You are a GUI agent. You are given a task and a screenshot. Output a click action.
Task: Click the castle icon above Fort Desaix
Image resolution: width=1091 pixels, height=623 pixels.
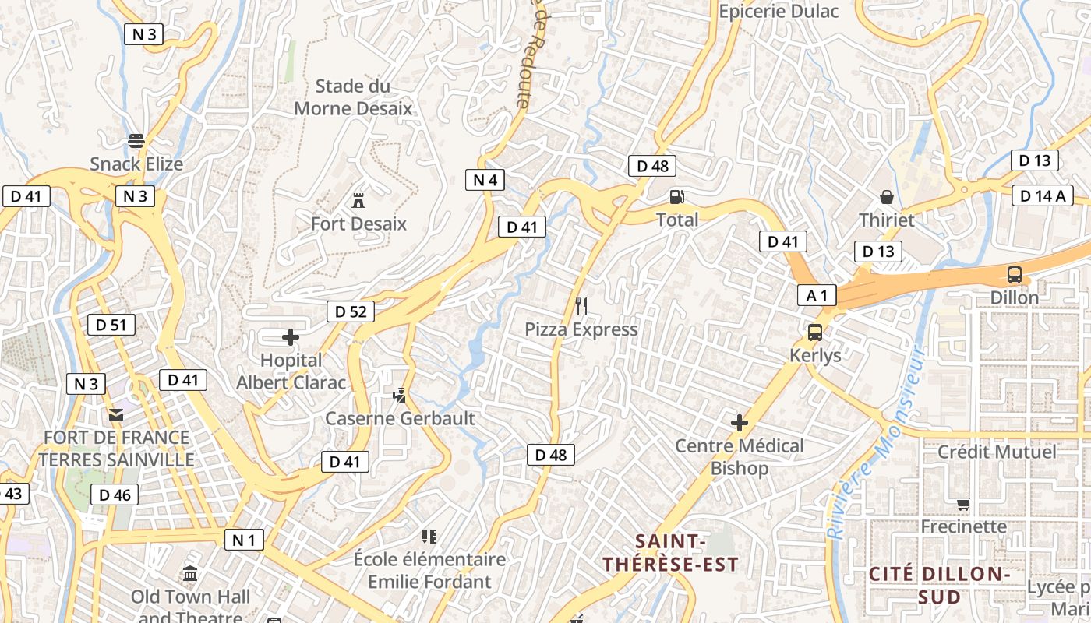358,200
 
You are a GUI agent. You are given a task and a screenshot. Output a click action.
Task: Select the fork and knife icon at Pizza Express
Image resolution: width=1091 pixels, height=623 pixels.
581,305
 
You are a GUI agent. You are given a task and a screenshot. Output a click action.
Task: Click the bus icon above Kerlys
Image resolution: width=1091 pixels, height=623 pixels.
815,333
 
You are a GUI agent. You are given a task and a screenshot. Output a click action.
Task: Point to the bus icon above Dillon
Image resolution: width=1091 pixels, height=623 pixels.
1014,274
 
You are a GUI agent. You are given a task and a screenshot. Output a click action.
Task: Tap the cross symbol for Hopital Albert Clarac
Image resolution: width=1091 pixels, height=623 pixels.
291,337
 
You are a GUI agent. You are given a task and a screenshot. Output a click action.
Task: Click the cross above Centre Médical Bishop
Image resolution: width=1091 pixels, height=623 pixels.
739,423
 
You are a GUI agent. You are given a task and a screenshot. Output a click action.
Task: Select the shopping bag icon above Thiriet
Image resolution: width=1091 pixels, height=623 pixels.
886,196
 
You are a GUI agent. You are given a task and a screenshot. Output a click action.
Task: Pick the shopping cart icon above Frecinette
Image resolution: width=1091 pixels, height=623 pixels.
964,504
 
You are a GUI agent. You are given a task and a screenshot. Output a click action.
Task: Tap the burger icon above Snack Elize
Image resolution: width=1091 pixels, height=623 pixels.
136,141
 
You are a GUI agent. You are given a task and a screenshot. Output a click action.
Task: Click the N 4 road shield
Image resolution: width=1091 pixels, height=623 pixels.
485,180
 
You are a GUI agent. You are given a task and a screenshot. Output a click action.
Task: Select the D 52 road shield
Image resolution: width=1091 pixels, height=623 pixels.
350,311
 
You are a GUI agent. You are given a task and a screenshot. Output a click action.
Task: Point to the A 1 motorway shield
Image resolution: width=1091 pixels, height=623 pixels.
817,295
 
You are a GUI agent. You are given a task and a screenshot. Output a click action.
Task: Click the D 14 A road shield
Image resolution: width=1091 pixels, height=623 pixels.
1043,195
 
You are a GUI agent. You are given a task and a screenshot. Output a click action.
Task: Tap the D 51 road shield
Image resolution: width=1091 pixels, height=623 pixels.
111,325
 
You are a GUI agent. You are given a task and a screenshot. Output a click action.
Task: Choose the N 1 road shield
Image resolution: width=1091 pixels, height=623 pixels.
244,540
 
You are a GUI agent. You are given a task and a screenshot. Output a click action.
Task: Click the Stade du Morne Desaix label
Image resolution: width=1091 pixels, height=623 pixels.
353,97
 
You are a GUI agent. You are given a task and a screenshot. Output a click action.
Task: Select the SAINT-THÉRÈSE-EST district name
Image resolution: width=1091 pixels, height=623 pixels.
670,552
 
